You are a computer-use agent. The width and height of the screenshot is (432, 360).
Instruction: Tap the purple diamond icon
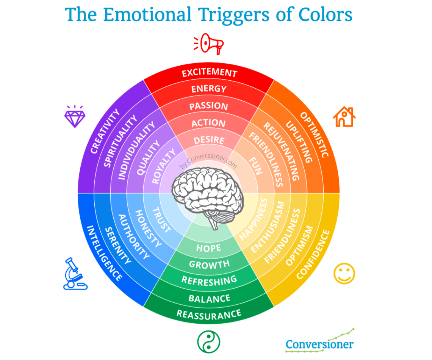click(75, 116)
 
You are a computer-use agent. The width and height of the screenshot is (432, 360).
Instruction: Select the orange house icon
click(344, 117)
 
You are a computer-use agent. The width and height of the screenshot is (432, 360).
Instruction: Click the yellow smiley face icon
click(344, 274)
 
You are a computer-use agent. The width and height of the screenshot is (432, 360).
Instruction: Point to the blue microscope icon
click(75, 274)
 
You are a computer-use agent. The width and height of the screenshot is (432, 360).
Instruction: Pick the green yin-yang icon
click(208, 341)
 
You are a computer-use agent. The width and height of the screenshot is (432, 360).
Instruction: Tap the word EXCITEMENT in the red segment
click(209, 72)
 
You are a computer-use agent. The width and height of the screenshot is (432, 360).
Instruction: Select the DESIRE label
click(209, 140)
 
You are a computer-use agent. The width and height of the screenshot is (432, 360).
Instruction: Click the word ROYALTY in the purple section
click(164, 166)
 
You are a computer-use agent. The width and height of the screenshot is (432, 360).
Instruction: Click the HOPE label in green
click(209, 248)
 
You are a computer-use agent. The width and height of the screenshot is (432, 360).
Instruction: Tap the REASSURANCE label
click(209, 314)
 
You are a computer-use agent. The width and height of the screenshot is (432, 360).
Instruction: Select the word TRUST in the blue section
click(162, 220)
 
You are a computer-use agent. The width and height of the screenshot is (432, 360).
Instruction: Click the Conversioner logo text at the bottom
click(319, 344)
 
